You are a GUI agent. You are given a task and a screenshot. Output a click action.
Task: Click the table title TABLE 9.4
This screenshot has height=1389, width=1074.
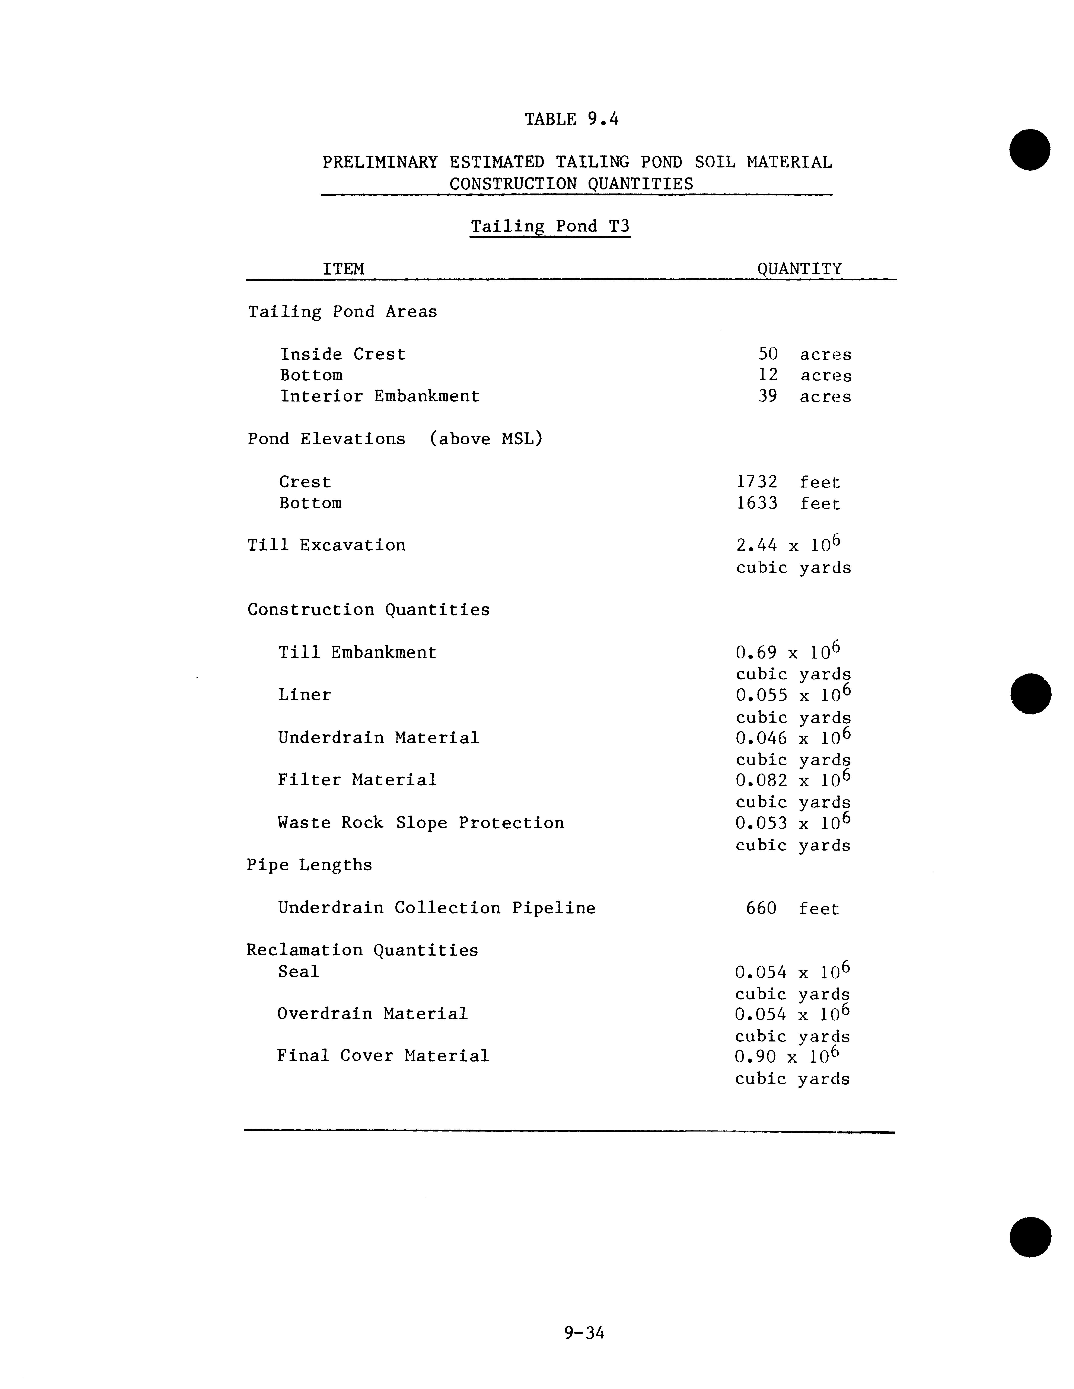pyautogui.click(x=571, y=119)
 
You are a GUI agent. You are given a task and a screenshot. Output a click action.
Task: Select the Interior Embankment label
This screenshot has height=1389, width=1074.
pyautogui.click(x=380, y=396)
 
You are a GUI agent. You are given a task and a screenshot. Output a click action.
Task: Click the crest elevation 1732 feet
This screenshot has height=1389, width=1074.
pyautogui.click(x=788, y=482)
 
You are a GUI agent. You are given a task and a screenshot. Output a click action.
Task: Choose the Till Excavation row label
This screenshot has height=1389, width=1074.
pyautogui.click(x=326, y=545)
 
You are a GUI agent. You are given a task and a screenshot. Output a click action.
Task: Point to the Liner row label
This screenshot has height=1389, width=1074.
pyautogui.click(x=305, y=695)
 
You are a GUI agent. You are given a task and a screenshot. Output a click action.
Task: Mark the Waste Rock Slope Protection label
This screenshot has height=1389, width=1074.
pyautogui.click(x=421, y=823)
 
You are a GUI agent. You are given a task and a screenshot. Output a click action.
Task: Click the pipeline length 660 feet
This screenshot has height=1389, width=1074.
pyautogui.click(x=792, y=908)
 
